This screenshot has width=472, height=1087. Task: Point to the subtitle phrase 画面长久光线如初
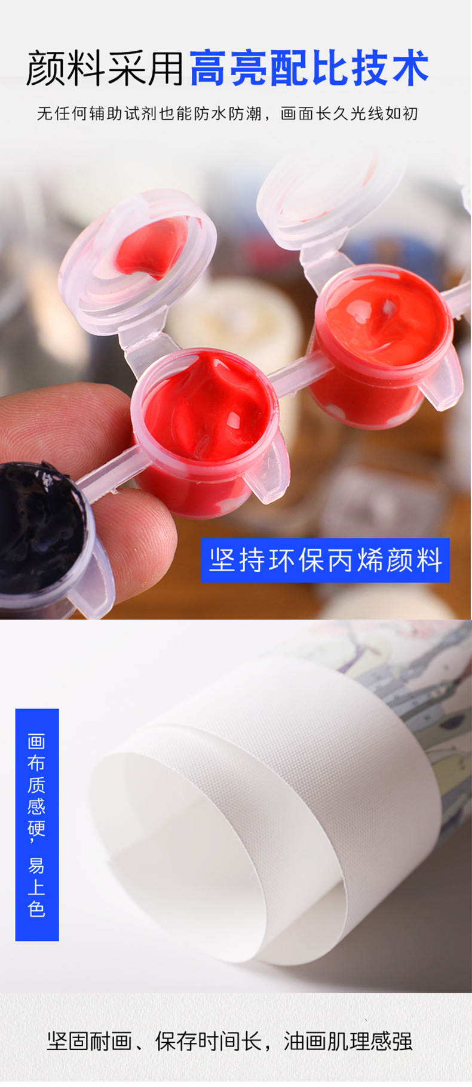click(349, 113)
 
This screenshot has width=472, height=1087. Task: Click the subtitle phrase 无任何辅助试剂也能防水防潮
click(149, 113)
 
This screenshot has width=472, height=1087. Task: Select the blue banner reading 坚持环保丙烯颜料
click(325, 560)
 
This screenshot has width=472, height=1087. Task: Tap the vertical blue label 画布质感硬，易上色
click(36, 824)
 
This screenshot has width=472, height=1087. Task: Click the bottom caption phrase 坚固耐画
click(89, 1041)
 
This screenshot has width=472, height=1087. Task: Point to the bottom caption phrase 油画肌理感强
click(348, 1041)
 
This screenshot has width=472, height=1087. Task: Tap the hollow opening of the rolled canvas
click(179, 848)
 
